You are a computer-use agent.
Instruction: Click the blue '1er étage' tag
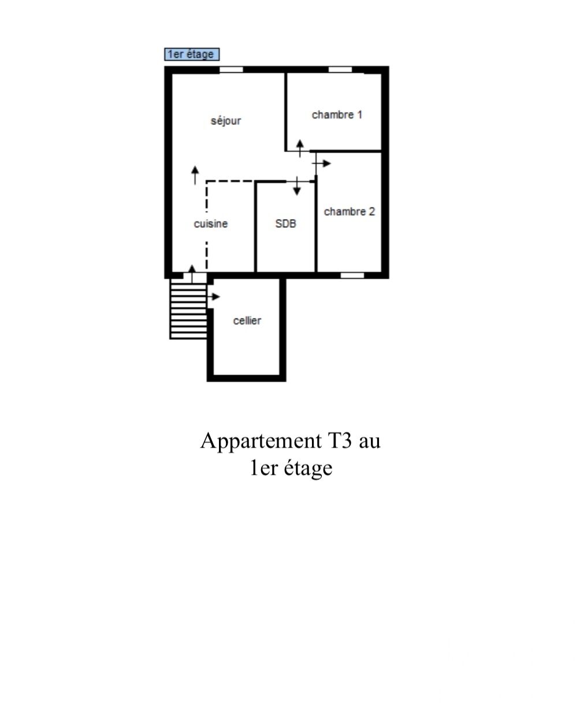click(x=192, y=54)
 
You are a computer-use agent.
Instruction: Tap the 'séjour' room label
click(x=226, y=120)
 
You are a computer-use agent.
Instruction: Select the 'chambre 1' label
click(x=337, y=115)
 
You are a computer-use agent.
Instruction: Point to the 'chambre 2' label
click(x=349, y=212)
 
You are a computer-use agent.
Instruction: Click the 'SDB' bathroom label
click(x=285, y=223)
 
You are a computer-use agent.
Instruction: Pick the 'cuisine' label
click(x=211, y=224)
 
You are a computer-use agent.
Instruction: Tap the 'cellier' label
click(x=247, y=321)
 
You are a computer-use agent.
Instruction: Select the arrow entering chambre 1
click(x=300, y=148)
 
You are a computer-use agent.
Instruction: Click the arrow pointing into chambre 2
click(x=321, y=164)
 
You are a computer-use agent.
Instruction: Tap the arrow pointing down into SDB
click(x=297, y=186)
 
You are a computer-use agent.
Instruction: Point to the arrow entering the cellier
click(x=213, y=297)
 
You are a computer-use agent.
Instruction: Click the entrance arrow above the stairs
click(x=192, y=273)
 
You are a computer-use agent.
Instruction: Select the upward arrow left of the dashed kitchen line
click(x=195, y=175)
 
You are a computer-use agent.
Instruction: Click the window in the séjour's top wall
click(x=231, y=69)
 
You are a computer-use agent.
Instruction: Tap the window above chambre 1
click(x=340, y=69)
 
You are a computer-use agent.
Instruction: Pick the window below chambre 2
click(x=352, y=275)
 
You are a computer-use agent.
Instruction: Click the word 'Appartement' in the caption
click(x=261, y=441)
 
